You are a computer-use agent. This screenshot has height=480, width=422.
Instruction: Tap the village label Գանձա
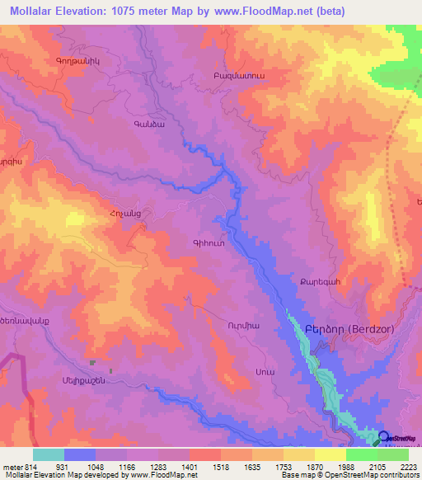(148, 125)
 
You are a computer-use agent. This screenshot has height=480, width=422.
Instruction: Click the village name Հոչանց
(114, 213)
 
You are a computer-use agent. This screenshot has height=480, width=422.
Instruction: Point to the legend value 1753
(268, 466)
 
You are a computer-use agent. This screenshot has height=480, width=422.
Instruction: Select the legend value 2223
(408, 466)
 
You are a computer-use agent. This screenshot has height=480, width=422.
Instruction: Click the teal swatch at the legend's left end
(49, 454)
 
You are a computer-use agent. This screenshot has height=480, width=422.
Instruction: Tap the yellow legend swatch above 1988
(331, 454)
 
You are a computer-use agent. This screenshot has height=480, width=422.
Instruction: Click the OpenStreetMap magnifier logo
(384, 437)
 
